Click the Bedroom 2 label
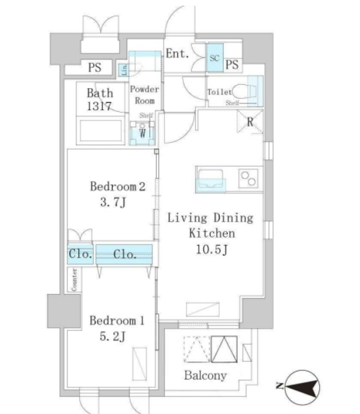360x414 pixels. (x=118, y=187)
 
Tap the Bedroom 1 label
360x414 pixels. (x=116, y=321)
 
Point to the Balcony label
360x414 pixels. (x=206, y=375)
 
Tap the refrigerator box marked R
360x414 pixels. (x=249, y=121)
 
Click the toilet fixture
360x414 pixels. (x=246, y=90)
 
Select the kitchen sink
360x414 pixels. (x=211, y=177)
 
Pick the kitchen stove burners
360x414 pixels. (x=249, y=177)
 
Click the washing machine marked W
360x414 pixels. (x=140, y=133)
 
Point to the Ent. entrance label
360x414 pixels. (x=177, y=54)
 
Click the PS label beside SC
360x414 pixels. (x=233, y=65)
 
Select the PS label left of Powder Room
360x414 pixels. (x=95, y=67)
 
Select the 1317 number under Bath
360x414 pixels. (x=100, y=106)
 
